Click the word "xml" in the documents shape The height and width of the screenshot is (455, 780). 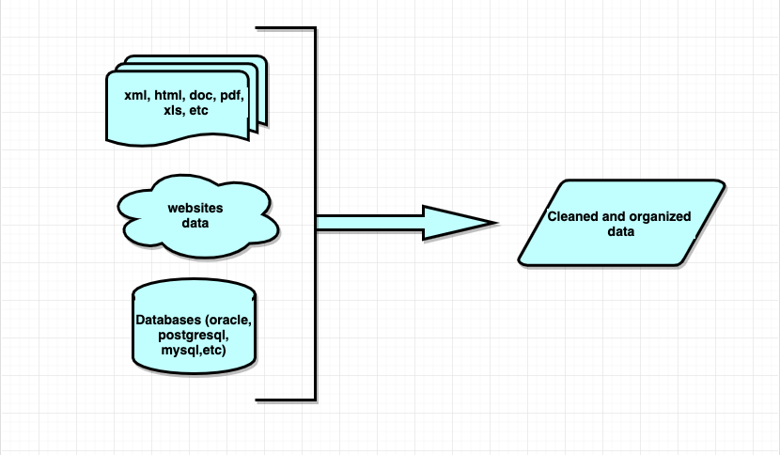tap(134, 95)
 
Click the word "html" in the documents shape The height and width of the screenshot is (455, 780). tap(168, 95)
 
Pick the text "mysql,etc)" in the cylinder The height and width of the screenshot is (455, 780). tap(195, 350)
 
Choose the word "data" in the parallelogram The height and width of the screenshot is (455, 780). tap(620, 231)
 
